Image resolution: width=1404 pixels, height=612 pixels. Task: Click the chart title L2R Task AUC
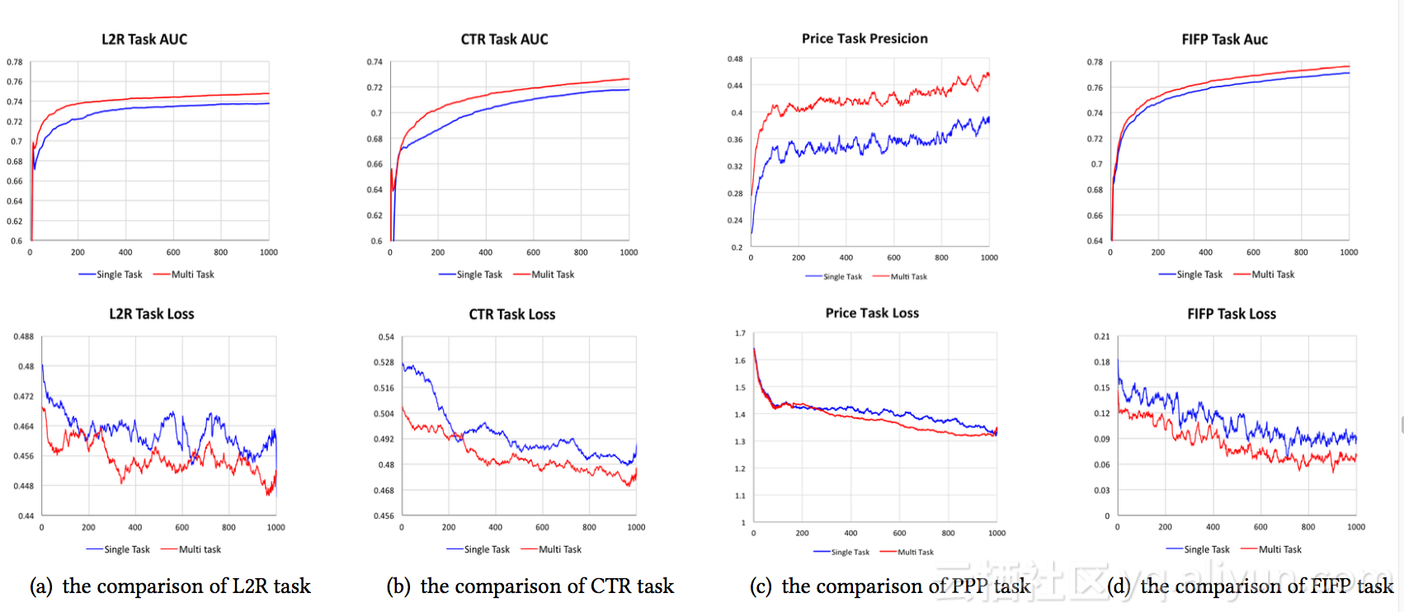(x=144, y=40)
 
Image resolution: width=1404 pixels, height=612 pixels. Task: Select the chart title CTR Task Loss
(x=511, y=314)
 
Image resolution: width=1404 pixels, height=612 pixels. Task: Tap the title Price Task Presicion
(x=865, y=39)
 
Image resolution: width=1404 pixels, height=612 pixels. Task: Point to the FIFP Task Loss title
(x=1231, y=314)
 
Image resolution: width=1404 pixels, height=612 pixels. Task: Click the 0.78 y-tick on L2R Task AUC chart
(x=15, y=63)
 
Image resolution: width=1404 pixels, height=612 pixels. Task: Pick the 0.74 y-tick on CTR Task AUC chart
(x=375, y=62)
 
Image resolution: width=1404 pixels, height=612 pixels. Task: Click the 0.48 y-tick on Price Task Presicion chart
(x=734, y=59)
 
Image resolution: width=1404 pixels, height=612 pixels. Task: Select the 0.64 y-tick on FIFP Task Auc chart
(x=1095, y=241)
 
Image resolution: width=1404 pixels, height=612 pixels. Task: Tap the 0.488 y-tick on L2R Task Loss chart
(x=23, y=337)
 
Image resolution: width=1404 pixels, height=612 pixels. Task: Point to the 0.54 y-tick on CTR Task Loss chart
(x=386, y=337)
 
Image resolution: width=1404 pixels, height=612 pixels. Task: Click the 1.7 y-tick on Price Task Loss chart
(x=740, y=333)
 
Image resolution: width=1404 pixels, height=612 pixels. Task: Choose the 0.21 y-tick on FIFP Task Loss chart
(x=1101, y=337)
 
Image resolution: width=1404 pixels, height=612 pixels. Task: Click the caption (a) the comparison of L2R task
(x=170, y=586)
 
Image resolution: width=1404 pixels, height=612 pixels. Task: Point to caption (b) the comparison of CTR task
(x=530, y=586)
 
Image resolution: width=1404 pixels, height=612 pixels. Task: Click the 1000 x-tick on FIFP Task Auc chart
(x=1349, y=252)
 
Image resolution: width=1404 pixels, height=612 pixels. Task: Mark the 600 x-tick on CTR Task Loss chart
(x=542, y=527)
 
